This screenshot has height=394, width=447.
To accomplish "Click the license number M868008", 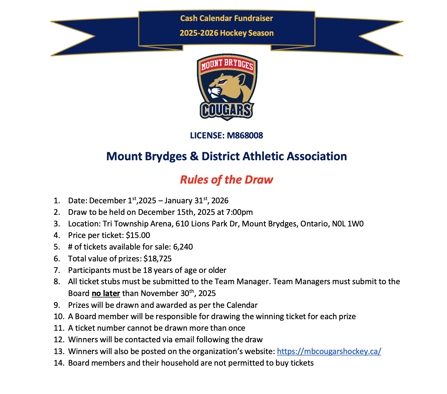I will [245, 136].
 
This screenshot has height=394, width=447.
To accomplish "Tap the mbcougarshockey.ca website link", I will [329, 351].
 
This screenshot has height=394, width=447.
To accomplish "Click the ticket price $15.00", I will [138, 235].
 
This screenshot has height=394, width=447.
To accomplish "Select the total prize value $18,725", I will [157, 259].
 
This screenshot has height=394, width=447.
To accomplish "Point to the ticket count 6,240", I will [183, 247].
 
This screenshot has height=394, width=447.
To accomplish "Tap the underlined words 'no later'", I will [106, 293].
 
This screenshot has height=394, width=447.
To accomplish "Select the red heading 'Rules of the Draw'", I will [227, 180].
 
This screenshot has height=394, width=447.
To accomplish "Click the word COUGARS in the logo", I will [227, 110].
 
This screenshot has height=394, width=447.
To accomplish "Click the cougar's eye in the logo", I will [223, 82].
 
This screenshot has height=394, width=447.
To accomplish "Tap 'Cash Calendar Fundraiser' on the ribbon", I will [227, 18].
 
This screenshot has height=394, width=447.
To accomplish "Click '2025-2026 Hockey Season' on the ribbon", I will [227, 33].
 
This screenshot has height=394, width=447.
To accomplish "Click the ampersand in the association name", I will [194, 156].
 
